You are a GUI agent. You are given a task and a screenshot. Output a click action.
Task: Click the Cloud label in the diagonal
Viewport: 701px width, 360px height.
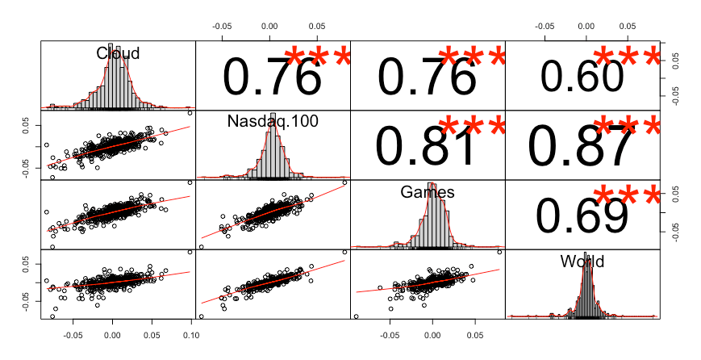pyautogui.click(x=118, y=53)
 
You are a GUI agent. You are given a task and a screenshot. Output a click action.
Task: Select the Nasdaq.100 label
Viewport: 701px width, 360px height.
pyautogui.click(x=273, y=122)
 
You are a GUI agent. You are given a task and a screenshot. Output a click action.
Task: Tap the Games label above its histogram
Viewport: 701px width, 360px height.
pyautogui.click(x=428, y=192)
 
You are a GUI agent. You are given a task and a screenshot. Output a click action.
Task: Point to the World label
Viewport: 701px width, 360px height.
pyautogui.click(x=582, y=262)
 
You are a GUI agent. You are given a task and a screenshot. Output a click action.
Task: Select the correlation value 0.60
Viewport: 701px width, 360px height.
pyautogui.click(x=582, y=77)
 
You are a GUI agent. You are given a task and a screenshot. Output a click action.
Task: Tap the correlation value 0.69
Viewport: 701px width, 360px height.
pyautogui.click(x=582, y=216)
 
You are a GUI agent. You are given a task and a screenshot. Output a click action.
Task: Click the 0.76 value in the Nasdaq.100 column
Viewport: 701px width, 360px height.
pyautogui.click(x=272, y=77)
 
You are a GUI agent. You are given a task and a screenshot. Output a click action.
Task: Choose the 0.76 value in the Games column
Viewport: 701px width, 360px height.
pyautogui.click(x=427, y=77)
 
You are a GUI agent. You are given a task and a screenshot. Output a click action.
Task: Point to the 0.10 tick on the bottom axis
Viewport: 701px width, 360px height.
pyautogui.click(x=191, y=333)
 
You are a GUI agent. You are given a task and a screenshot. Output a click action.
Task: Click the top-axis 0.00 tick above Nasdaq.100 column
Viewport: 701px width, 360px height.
pyautogui.click(x=270, y=26)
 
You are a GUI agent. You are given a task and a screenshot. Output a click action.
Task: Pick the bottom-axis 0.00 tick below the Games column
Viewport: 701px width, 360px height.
pyautogui.click(x=432, y=333)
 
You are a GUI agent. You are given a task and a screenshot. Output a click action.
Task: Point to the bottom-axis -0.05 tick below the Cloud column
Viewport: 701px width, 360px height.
pyautogui.click(x=73, y=333)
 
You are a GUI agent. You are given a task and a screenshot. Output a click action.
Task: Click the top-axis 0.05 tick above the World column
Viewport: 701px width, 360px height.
pyautogui.click(x=628, y=26)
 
